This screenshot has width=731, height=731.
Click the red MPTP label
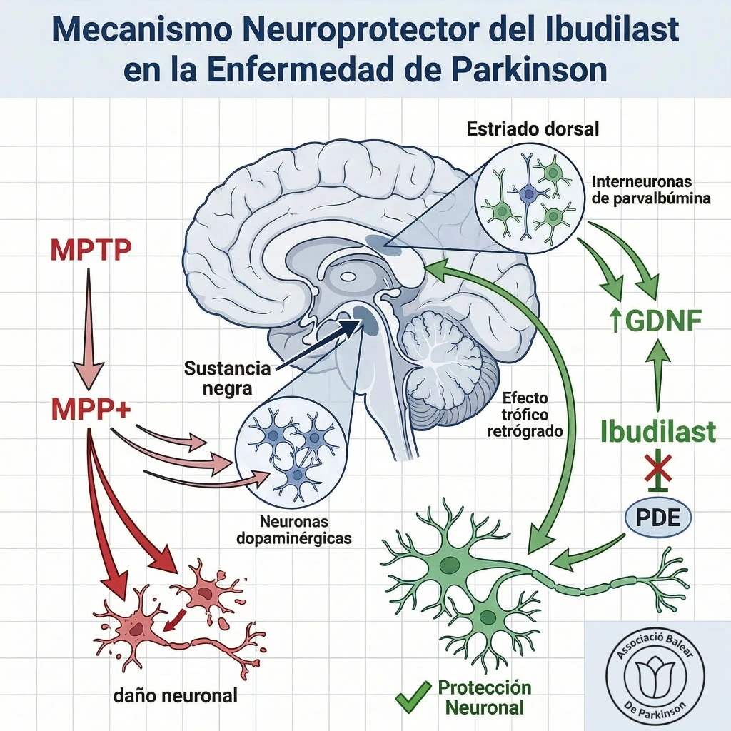[91, 250]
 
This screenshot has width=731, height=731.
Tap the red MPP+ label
[91, 408]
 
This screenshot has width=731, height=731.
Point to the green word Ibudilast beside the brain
[657, 431]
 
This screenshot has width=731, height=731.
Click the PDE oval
[657, 518]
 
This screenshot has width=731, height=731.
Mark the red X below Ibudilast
[657, 468]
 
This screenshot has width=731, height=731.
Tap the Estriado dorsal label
[533, 128]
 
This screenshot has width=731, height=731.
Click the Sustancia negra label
[228, 378]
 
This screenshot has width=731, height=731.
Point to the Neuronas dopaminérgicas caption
[294, 530]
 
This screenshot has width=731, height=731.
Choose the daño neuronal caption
[176, 695]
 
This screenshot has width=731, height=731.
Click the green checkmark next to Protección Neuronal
[413, 697]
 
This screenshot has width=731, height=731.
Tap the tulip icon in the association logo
[655, 677]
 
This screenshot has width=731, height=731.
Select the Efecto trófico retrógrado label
[525, 415]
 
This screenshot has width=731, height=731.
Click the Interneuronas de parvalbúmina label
[651, 190]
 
